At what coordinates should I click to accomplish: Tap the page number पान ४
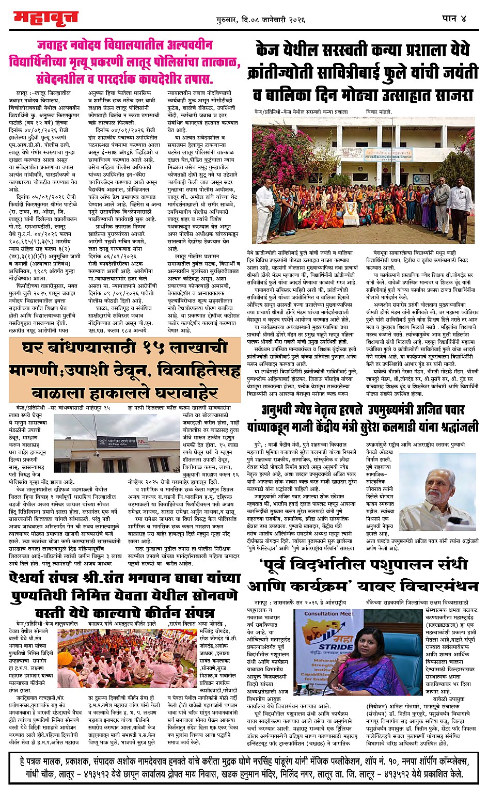pos(454,19)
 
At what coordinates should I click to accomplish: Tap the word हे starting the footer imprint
pos(22,761)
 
